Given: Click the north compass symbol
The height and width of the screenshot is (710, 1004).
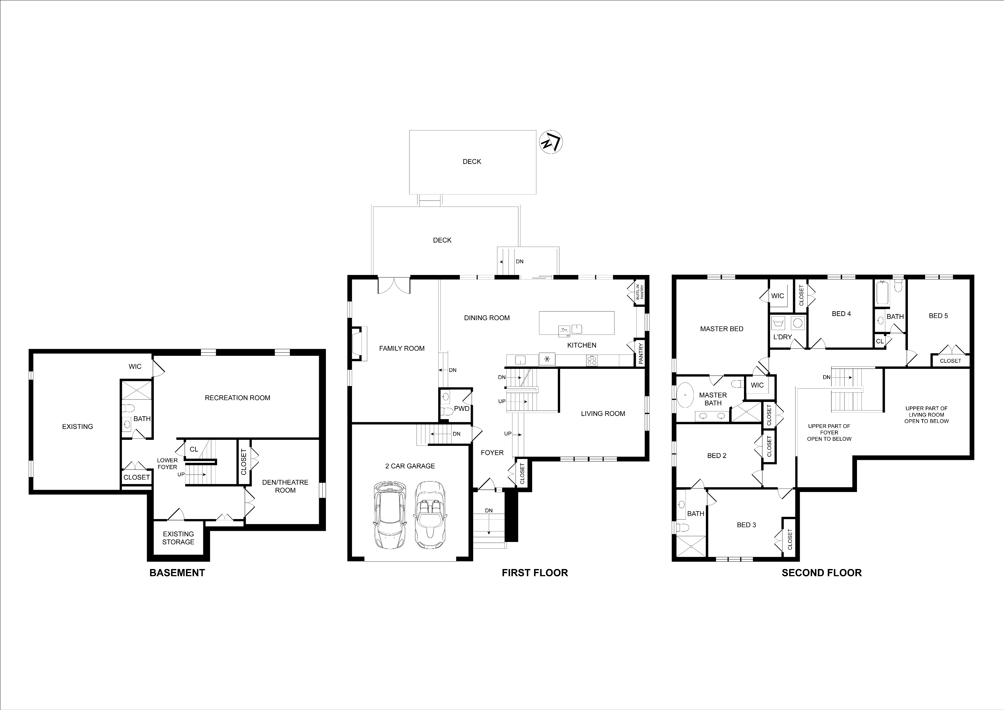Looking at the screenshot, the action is pos(551,142).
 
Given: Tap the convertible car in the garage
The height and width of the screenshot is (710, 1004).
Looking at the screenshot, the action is pos(429,515).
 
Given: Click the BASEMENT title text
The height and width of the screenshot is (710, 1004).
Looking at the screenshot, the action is pos(177,573).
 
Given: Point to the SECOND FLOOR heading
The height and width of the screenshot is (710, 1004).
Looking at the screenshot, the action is pos(822,573).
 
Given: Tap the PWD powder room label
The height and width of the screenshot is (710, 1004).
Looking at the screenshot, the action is pos(462,408).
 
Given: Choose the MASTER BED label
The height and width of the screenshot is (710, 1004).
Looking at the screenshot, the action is pos(721,329).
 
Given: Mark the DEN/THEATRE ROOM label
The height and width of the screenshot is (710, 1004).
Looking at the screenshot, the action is pos(285,486).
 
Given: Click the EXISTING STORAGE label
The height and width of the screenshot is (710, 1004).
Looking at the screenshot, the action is pos(179,538).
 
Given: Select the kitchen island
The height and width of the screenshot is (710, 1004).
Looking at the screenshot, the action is pos(576,323).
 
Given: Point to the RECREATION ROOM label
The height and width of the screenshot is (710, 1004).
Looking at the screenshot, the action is pos(237,398).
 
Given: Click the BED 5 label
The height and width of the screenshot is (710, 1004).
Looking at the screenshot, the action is pos(938,316).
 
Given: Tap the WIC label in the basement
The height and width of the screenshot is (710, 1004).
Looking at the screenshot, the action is pos(135,366).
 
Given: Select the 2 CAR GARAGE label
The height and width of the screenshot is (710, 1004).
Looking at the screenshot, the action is pos(410,466).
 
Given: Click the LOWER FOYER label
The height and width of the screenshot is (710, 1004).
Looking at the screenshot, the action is pos(167,463).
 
